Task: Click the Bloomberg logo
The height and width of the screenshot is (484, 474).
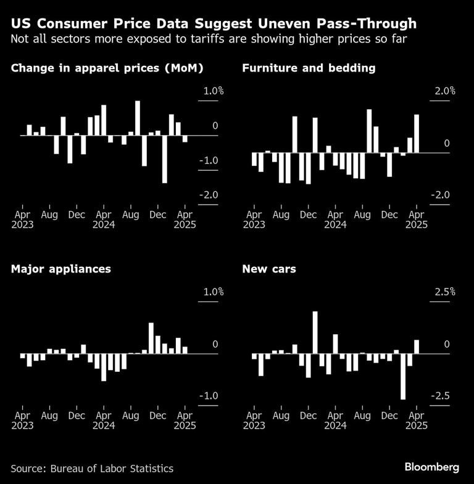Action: click(431, 467)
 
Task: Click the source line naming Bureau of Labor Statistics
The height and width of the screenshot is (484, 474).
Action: click(92, 469)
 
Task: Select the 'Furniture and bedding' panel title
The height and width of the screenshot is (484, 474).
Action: click(309, 68)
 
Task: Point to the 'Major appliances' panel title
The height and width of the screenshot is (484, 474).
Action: click(61, 269)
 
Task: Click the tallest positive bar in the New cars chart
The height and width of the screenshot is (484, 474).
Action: click(315, 332)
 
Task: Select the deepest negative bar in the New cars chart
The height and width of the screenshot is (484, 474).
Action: click(403, 376)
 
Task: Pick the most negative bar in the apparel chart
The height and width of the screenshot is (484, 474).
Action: click(164, 158)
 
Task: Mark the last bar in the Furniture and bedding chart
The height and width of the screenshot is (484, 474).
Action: click(417, 133)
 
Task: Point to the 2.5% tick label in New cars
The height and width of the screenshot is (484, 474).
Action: click(444, 292)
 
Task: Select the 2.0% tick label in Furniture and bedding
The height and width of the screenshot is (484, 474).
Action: click(444, 91)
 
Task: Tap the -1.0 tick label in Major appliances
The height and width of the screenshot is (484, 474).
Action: click(208, 395)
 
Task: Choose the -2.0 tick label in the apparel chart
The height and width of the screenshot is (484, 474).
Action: click(208, 195)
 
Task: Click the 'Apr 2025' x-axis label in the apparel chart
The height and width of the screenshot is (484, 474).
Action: click(185, 219)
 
